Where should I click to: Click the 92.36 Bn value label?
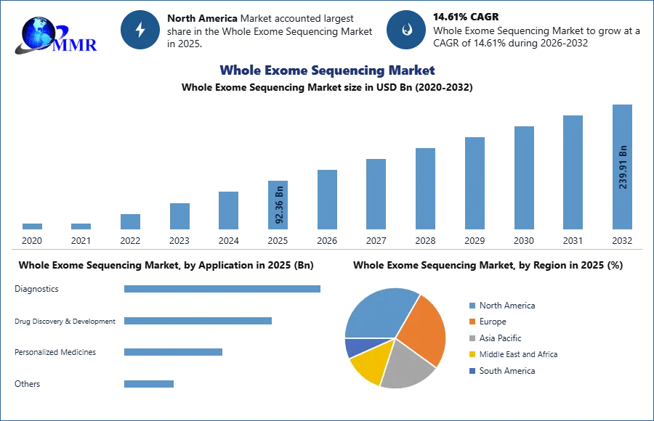point(279,205)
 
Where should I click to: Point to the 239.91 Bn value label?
point(622,168)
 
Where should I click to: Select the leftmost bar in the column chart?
point(32,226)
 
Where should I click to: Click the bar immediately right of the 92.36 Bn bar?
point(326,200)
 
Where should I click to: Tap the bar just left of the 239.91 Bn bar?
point(572,171)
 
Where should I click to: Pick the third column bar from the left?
point(131,221)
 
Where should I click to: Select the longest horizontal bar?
point(223,290)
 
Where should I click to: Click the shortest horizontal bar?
point(148,383)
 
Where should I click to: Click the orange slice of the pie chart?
point(424,327)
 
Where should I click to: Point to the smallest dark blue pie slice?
point(352,347)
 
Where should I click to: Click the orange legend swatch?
point(472,322)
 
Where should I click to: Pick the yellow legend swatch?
point(472,354)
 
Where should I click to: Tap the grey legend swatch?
point(472,338)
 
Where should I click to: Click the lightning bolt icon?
point(140,30)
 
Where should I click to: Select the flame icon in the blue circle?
point(406,30)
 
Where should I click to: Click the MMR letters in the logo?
point(75,45)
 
